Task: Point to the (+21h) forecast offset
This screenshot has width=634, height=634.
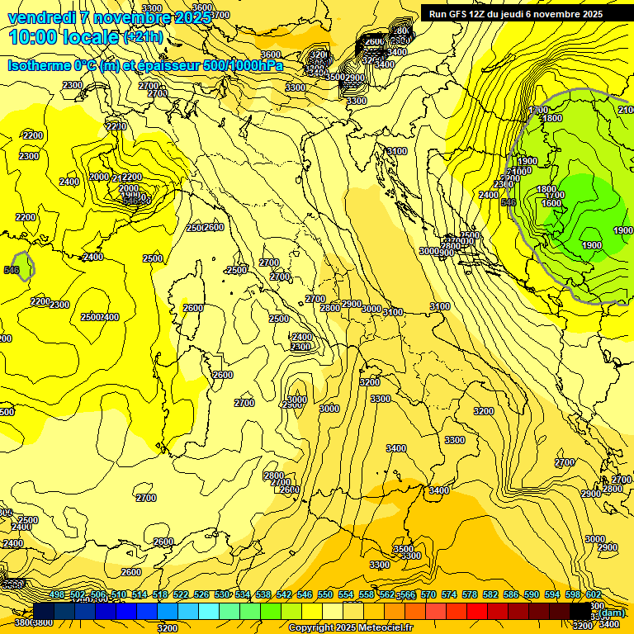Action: coord(143,37)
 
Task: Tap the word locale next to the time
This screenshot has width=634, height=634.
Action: coord(92,37)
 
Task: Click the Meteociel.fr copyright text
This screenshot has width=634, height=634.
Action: coord(350,627)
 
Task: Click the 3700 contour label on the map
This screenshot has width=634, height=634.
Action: coord(220,15)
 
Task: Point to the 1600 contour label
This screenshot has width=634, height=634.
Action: coord(551,203)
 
